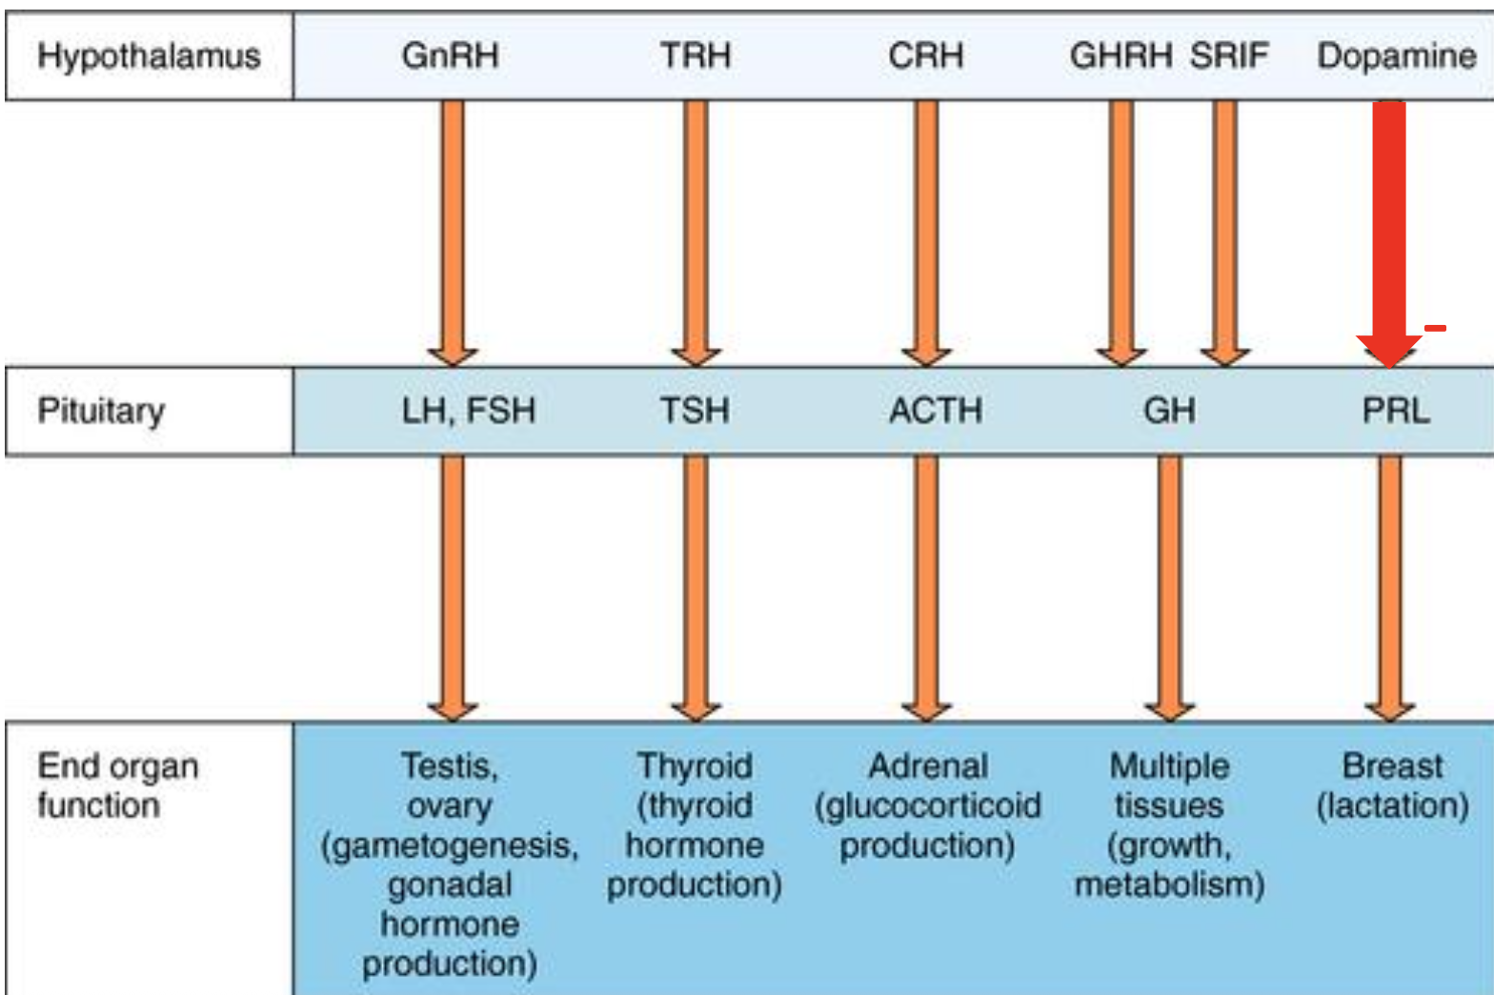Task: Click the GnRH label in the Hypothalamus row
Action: pyautogui.click(x=450, y=55)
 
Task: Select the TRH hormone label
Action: pyautogui.click(x=696, y=55)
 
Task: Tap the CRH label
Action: pyautogui.click(x=925, y=55)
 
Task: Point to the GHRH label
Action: pyautogui.click(x=1120, y=55)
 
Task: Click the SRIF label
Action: pyautogui.click(x=1228, y=55)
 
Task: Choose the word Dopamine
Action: pyautogui.click(x=1396, y=55)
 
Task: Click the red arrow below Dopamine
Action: pyautogui.click(x=1389, y=229)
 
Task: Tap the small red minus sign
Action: pyautogui.click(x=1435, y=328)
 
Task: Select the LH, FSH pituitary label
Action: pyautogui.click(x=468, y=411)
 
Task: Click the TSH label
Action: pyautogui.click(x=695, y=411)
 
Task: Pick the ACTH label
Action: pyautogui.click(x=935, y=411)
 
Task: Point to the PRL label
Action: pyautogui.click(x=1395, y=411)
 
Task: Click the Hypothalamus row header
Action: pyautogui.click(x=149, y=56)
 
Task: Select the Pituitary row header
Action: pyautogui.click(x=101, y=411)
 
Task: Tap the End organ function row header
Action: pyautogui.click(x=116, y=785)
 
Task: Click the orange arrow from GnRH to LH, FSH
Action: pyautogui.click(x=454, y=229)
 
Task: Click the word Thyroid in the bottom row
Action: pyautogui.click(x=695, y=765)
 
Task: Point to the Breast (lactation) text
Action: pyautogui.click(x=1392, y=785)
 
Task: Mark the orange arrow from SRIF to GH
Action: pyautogui.click(x=1226, y=229)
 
